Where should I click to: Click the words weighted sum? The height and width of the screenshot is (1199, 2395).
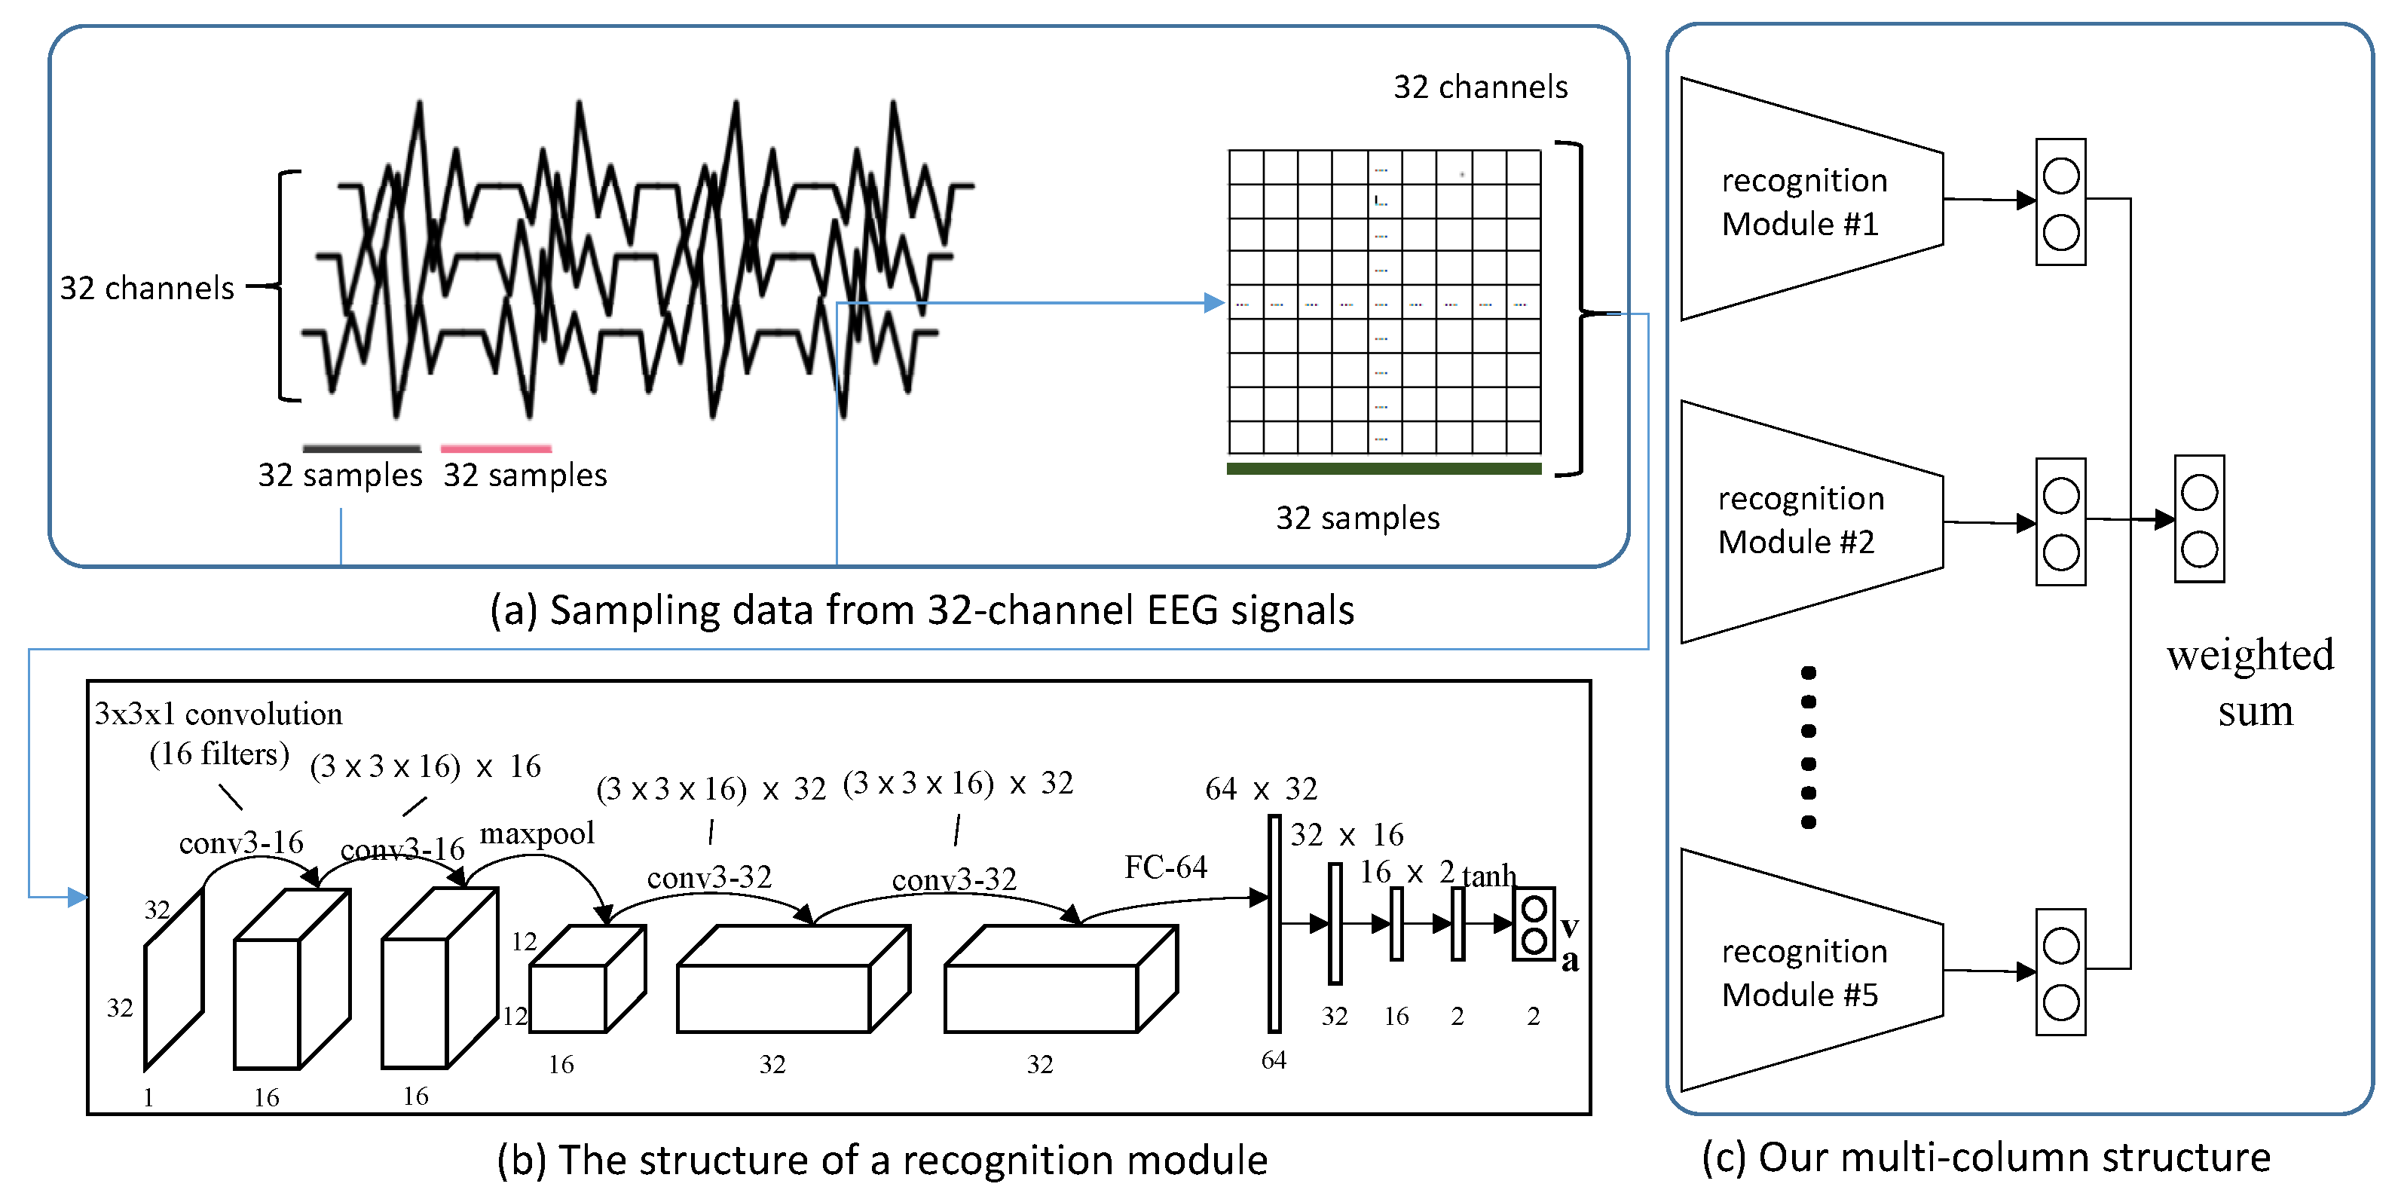(2250, 683)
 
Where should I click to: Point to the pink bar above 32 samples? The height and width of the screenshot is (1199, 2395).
(496, 449)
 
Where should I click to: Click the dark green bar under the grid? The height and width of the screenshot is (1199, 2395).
(1384, 470)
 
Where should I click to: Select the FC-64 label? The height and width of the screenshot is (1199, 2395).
(1165, 867)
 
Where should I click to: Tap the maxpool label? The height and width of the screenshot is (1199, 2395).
(537, 833)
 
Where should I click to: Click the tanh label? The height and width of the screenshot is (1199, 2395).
(1488, 876)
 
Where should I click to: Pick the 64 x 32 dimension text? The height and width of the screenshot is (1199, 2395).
(1261, 789)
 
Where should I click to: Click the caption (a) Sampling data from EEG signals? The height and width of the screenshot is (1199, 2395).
(920, 610)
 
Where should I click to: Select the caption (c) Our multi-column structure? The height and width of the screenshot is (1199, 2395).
(1986, 1158)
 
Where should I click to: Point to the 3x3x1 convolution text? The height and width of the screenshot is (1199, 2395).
(219, 714)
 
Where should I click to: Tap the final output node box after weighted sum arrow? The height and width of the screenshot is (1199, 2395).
(2199, 518)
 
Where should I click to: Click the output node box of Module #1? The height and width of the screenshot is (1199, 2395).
(2060, 203)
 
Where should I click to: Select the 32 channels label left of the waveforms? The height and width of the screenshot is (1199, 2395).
(147, 288)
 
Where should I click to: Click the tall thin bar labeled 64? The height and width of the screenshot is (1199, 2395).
(1274, 924)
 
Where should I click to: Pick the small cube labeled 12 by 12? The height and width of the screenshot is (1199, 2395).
(586, 980)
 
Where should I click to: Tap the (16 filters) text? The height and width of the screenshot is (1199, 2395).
(219, 754)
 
